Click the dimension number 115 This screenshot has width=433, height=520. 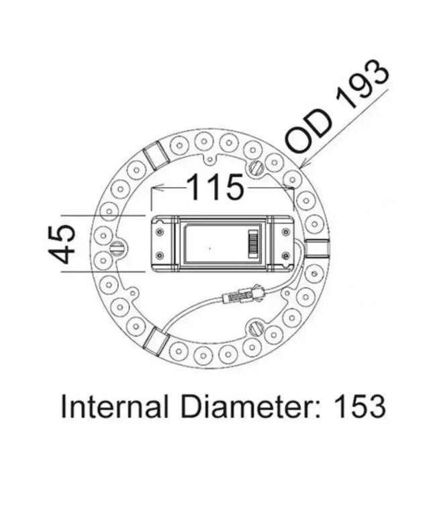214,187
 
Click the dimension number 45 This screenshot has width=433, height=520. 62,243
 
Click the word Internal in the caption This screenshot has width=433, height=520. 107,407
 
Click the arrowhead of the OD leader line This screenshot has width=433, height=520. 304,163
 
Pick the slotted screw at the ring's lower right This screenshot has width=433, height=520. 255,327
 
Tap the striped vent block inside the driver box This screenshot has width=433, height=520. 254,243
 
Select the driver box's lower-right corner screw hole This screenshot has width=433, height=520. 286,255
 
